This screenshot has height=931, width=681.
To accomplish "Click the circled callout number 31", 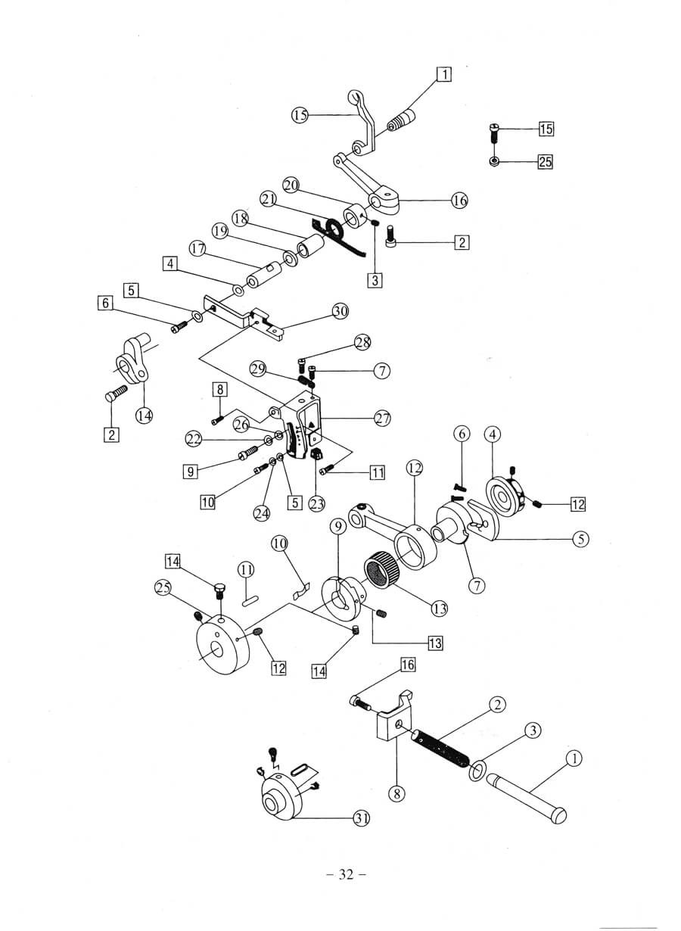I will [361, 817].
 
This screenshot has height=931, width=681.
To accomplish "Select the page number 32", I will [347, 875].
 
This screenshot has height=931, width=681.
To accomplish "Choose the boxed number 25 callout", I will [546, 160].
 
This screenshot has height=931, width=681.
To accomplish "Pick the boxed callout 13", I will [435, 643].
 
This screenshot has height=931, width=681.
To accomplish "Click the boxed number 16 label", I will [408, 665].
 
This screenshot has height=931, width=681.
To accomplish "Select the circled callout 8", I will [397, 793].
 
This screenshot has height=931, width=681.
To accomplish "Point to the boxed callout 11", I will [377, 473].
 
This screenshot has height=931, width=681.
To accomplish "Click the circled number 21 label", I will [268, 198].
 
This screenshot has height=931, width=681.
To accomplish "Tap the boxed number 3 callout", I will [375, 279].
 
